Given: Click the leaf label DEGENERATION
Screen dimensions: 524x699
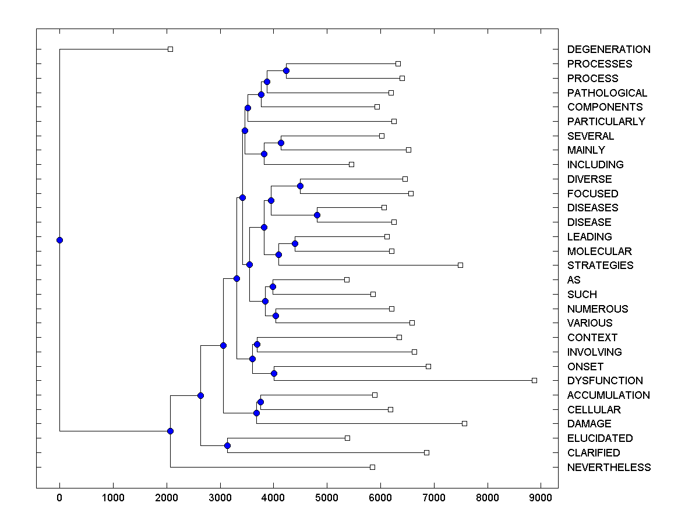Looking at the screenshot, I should pos(609,49).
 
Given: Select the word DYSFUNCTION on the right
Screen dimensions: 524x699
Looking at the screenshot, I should pos(605,381).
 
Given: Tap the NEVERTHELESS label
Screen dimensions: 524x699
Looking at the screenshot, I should pos(609,468).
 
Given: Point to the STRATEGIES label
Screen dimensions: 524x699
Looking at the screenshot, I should pos(600,265).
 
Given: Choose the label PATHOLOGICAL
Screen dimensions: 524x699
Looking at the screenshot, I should pos(607,93).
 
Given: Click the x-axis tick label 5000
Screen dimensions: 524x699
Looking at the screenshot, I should pos(327,498).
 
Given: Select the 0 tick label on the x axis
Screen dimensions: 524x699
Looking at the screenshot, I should pos(59,498).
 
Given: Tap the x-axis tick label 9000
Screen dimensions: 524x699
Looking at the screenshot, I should pos(541,498).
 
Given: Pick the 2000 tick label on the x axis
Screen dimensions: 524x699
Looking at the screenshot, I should pos(167,498).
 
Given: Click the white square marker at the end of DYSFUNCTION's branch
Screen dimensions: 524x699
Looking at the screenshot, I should pos(534,380).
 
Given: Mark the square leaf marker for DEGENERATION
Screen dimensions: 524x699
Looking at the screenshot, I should pos(170,49).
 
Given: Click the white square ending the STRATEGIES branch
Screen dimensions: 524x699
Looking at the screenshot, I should pos(460,265).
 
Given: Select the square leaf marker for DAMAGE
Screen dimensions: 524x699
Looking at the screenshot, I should pos(464,423).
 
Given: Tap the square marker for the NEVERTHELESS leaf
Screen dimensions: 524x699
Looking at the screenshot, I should pos(372,467).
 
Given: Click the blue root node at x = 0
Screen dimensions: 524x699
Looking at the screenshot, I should pos(59,240).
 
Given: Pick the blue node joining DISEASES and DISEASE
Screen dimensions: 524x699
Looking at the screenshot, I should pos(317,215).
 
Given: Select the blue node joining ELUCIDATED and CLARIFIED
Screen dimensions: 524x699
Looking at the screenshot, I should pos(227,445).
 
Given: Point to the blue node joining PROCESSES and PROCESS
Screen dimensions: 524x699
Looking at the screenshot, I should pos(286,70).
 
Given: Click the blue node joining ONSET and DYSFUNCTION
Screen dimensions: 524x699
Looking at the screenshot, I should pos(274,373).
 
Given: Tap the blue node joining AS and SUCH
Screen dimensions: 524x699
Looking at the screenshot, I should pos(273,286).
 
